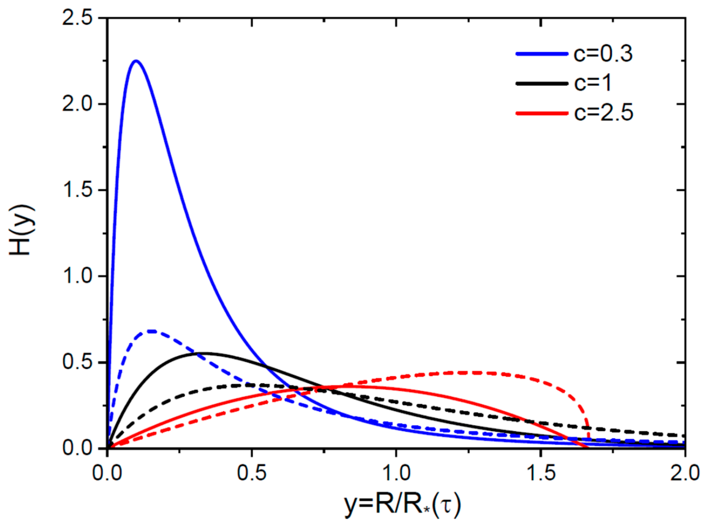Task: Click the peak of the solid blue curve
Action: (x=136, y=61)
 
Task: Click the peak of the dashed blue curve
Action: (x=152, y=331)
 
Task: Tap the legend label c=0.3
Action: (x=603, y=54)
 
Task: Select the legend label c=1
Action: (x=593, y=83)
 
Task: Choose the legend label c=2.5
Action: (x=603, y=113)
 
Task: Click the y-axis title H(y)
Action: (x=22, y=230)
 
